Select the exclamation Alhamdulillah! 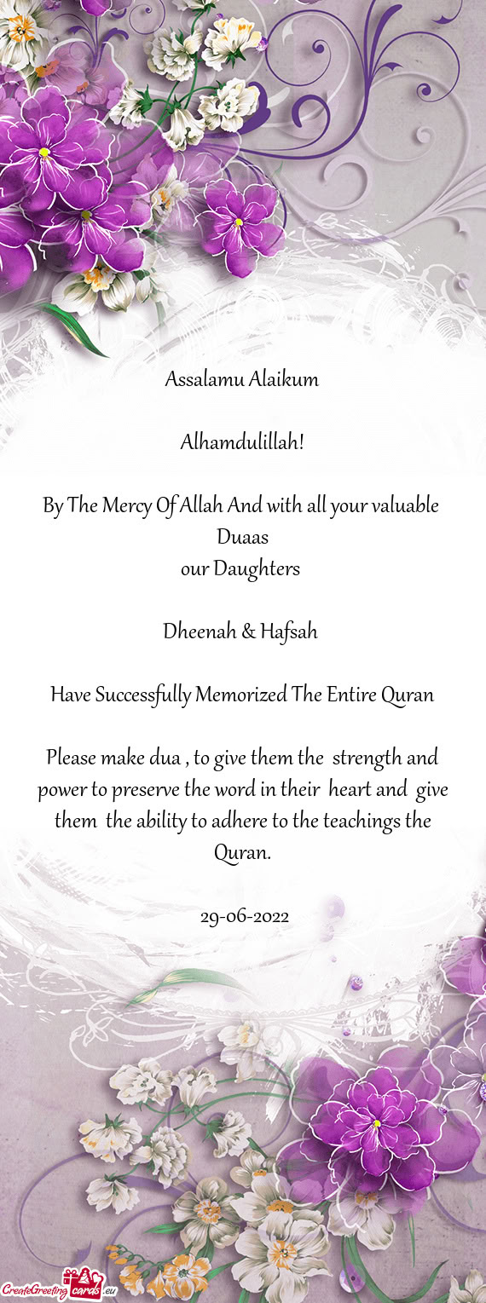[242, 442]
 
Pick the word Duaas [242, 537]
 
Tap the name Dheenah [199, 631]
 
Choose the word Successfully [142, 695]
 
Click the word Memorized [240, 695]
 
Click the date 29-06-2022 [244, 917]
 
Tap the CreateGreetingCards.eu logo [52, 1289]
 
